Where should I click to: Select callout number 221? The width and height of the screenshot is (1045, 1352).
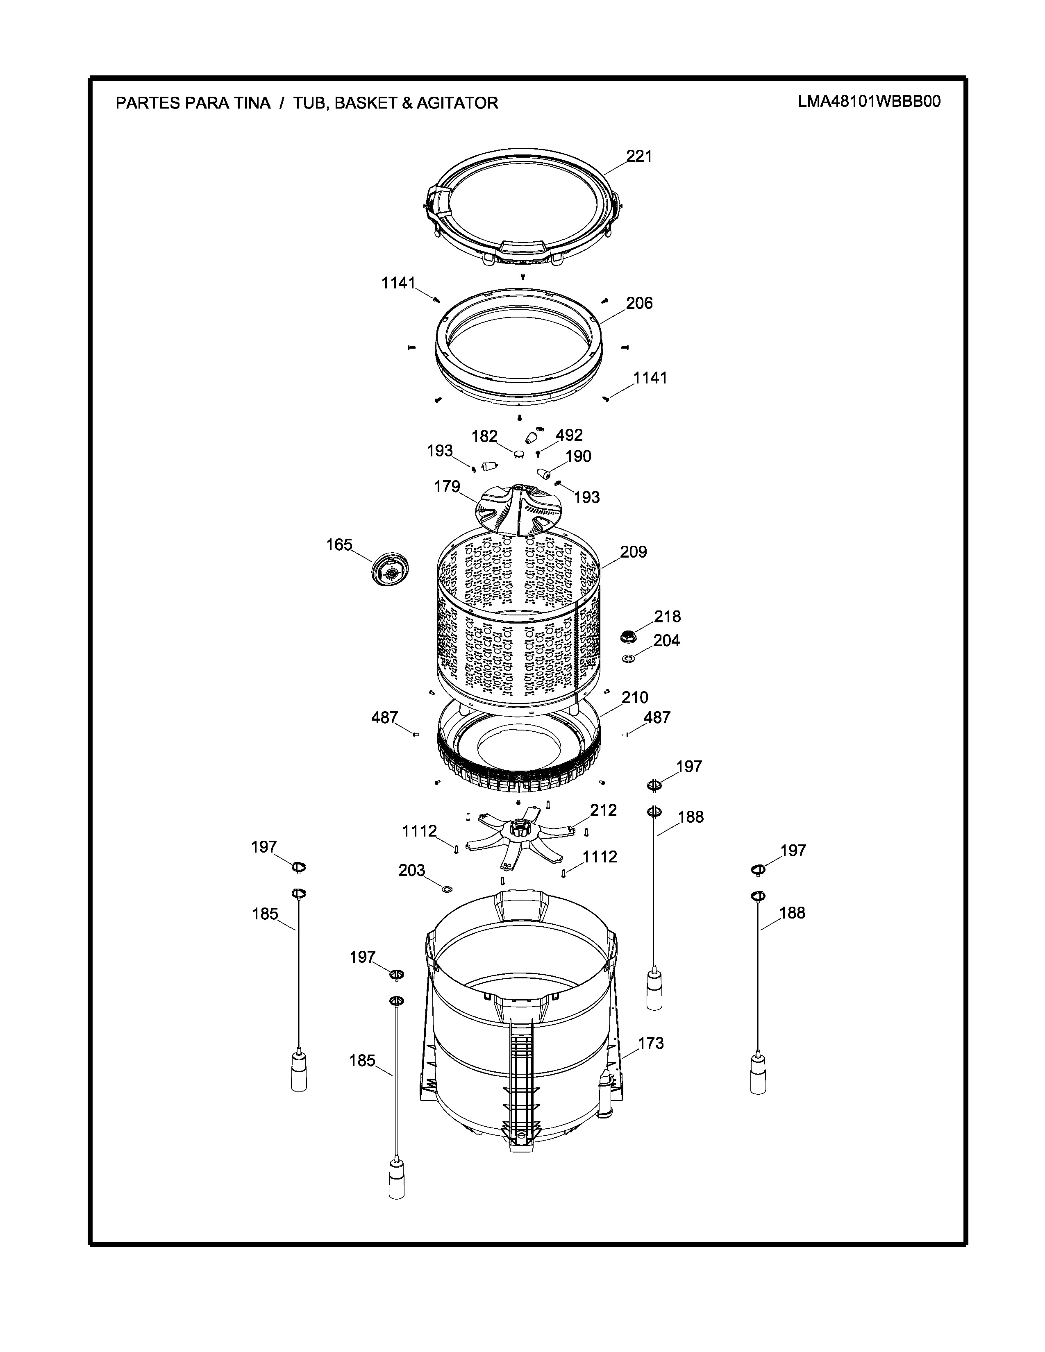(639, 156)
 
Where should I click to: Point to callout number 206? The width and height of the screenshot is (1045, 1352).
(639, 303)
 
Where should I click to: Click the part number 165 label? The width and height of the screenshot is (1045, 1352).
(339, 545)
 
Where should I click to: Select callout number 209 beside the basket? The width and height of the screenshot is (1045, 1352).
(633, 551)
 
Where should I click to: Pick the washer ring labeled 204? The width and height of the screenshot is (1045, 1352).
(628, 657)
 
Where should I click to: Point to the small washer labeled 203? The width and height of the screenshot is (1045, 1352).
(446, 889)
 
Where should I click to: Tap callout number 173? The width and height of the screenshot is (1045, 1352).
(651, 1043)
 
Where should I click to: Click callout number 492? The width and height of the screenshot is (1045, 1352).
(569, 435)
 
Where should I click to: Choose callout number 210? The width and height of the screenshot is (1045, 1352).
(634, 698)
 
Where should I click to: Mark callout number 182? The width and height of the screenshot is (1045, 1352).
(485, 436)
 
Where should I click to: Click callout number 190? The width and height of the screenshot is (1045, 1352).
(578, 456)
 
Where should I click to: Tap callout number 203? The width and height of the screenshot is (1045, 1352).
(412, 870)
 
